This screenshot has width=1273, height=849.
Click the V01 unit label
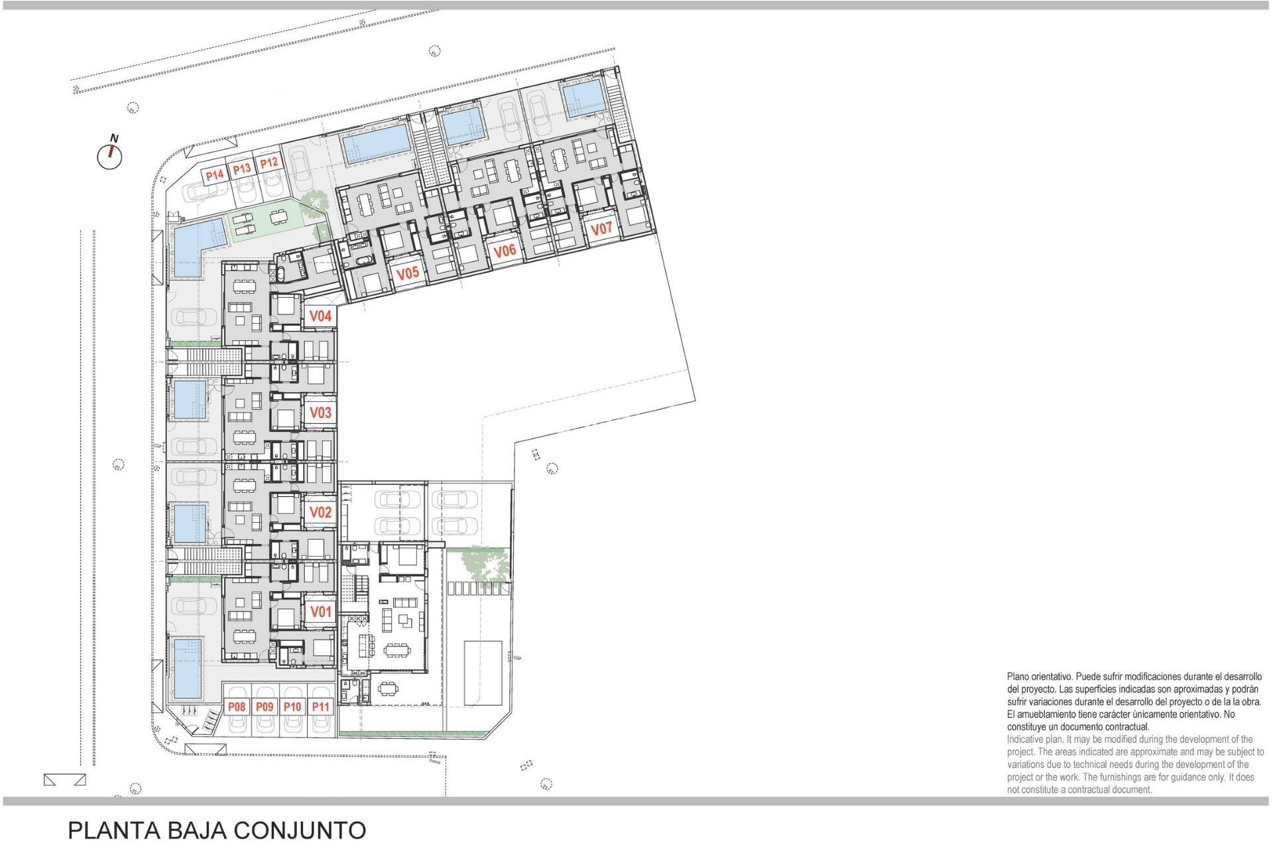(x=320, y=612)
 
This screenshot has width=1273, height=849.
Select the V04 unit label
(x=320, y=316)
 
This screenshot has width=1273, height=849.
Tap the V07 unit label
(x=601, y=229)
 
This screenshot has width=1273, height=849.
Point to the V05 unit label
(x=407, y=273)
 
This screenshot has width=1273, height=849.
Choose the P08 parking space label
(x=237, y=707)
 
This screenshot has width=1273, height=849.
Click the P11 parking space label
(x=320, y=707)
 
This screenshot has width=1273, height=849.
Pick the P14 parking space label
(x=214, y=176)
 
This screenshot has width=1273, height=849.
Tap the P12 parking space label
(x=269, y=163)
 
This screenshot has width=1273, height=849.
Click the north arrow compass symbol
(x=110, y=155)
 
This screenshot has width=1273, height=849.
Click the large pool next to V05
(x=376, y=144)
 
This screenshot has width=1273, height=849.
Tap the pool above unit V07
(x=583, y=98)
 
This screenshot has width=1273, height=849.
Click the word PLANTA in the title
(x=114, y=830)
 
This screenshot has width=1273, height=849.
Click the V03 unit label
(x=320, y=413)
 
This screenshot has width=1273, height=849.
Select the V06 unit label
(x=504, y=251)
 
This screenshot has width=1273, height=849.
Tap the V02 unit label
(x=320, y=512)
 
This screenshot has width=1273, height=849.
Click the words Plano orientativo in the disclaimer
(x=1038, y=677)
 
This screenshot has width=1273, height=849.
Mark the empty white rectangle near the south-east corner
(x=483, y=672)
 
